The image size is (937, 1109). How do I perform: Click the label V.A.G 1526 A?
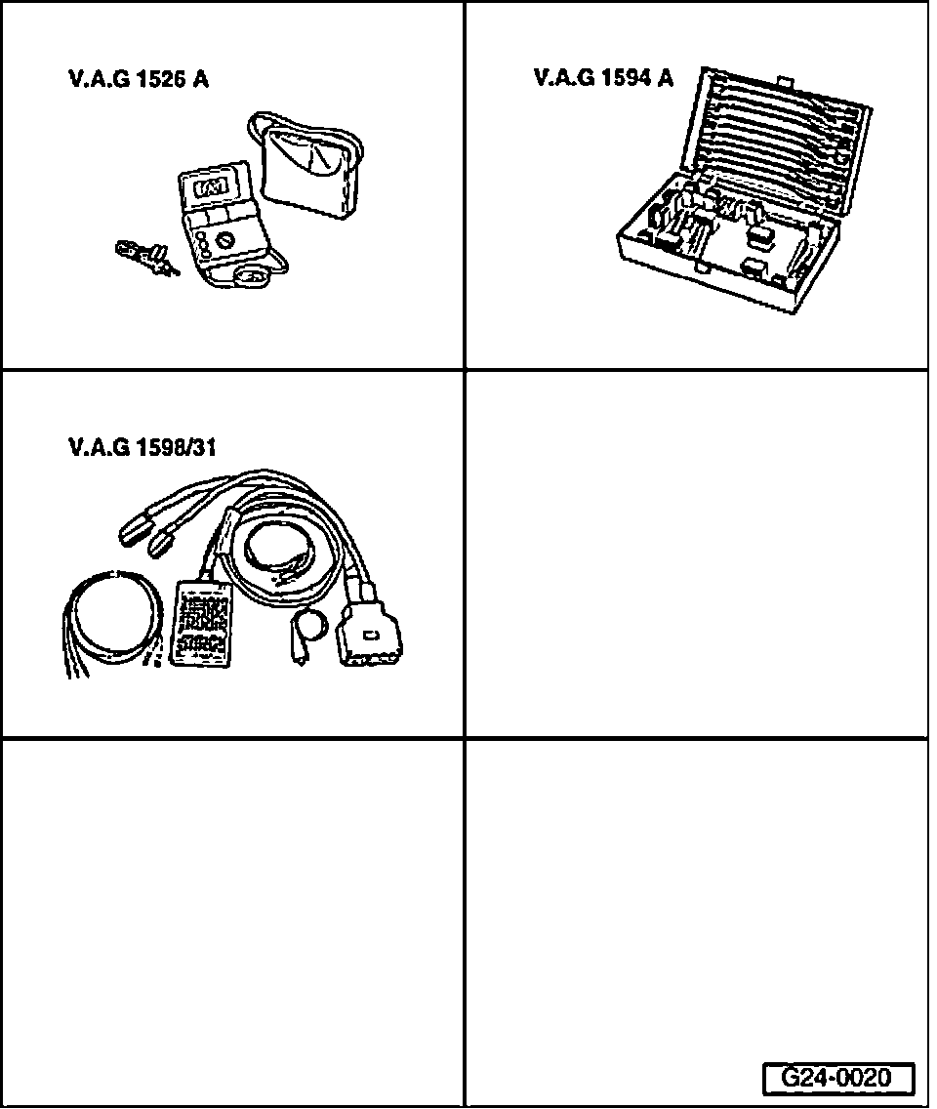coord(139,80)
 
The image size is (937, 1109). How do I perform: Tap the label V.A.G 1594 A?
coord(603,78)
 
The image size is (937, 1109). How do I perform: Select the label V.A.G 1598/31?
coord(143,448)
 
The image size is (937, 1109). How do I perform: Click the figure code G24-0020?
coord(837,1078)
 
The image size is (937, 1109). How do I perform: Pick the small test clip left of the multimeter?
coord(144,257)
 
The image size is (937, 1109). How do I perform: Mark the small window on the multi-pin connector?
coord(372,637)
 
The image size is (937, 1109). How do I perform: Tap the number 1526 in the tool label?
coord(161,80)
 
